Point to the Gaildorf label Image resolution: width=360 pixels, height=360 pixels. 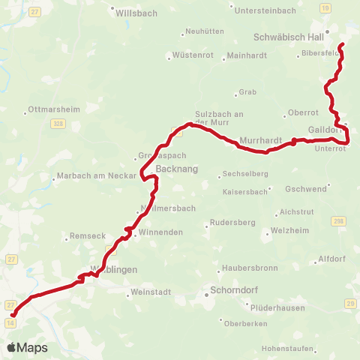tap(324, 130)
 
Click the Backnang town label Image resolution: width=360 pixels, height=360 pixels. tap(176, 169)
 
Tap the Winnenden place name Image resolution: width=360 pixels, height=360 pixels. tap(156, 232)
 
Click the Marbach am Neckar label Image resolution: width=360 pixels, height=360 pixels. tap(97, 178)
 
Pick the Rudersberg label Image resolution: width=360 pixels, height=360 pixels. tap(232, 223)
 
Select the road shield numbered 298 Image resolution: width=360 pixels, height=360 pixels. tap(338, 220)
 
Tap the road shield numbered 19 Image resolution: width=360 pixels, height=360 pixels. tap(324, 7)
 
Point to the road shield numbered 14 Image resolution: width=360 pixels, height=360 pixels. tap(10, 322)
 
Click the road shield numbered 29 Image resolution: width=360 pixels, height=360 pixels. tap(349, 303)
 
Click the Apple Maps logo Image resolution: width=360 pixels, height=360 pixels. tap(27, 347)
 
